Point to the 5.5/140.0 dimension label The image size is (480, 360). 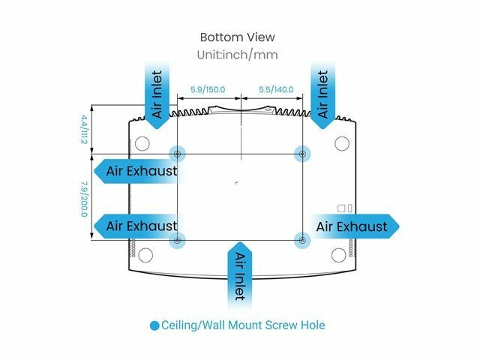pos(271,89)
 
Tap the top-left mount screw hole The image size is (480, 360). pos(177,153)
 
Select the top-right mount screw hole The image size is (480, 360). pos(302,153)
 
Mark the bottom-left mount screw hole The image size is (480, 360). pos(177,240)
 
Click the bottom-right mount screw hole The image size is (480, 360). pos(302,240)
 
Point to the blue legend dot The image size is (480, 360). pos(154,325)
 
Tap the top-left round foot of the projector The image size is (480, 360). pos(141,142)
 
